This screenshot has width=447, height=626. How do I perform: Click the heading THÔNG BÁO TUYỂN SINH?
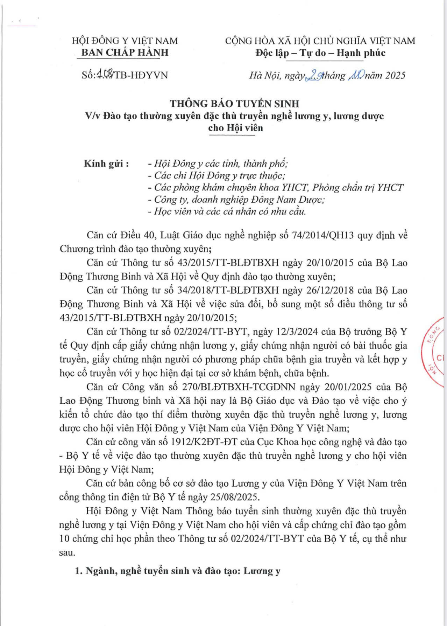[x=234, y=104]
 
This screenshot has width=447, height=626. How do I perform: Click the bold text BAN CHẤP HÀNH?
[x=125, y=53]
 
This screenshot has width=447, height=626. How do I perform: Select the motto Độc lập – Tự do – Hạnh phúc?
[x=320, y=53]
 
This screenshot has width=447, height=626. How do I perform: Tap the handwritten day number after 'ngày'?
[x=313, y=75]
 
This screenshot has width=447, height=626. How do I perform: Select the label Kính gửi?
[x=106, y=164]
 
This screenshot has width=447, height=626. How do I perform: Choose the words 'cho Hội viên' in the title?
[x=235, y=127]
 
